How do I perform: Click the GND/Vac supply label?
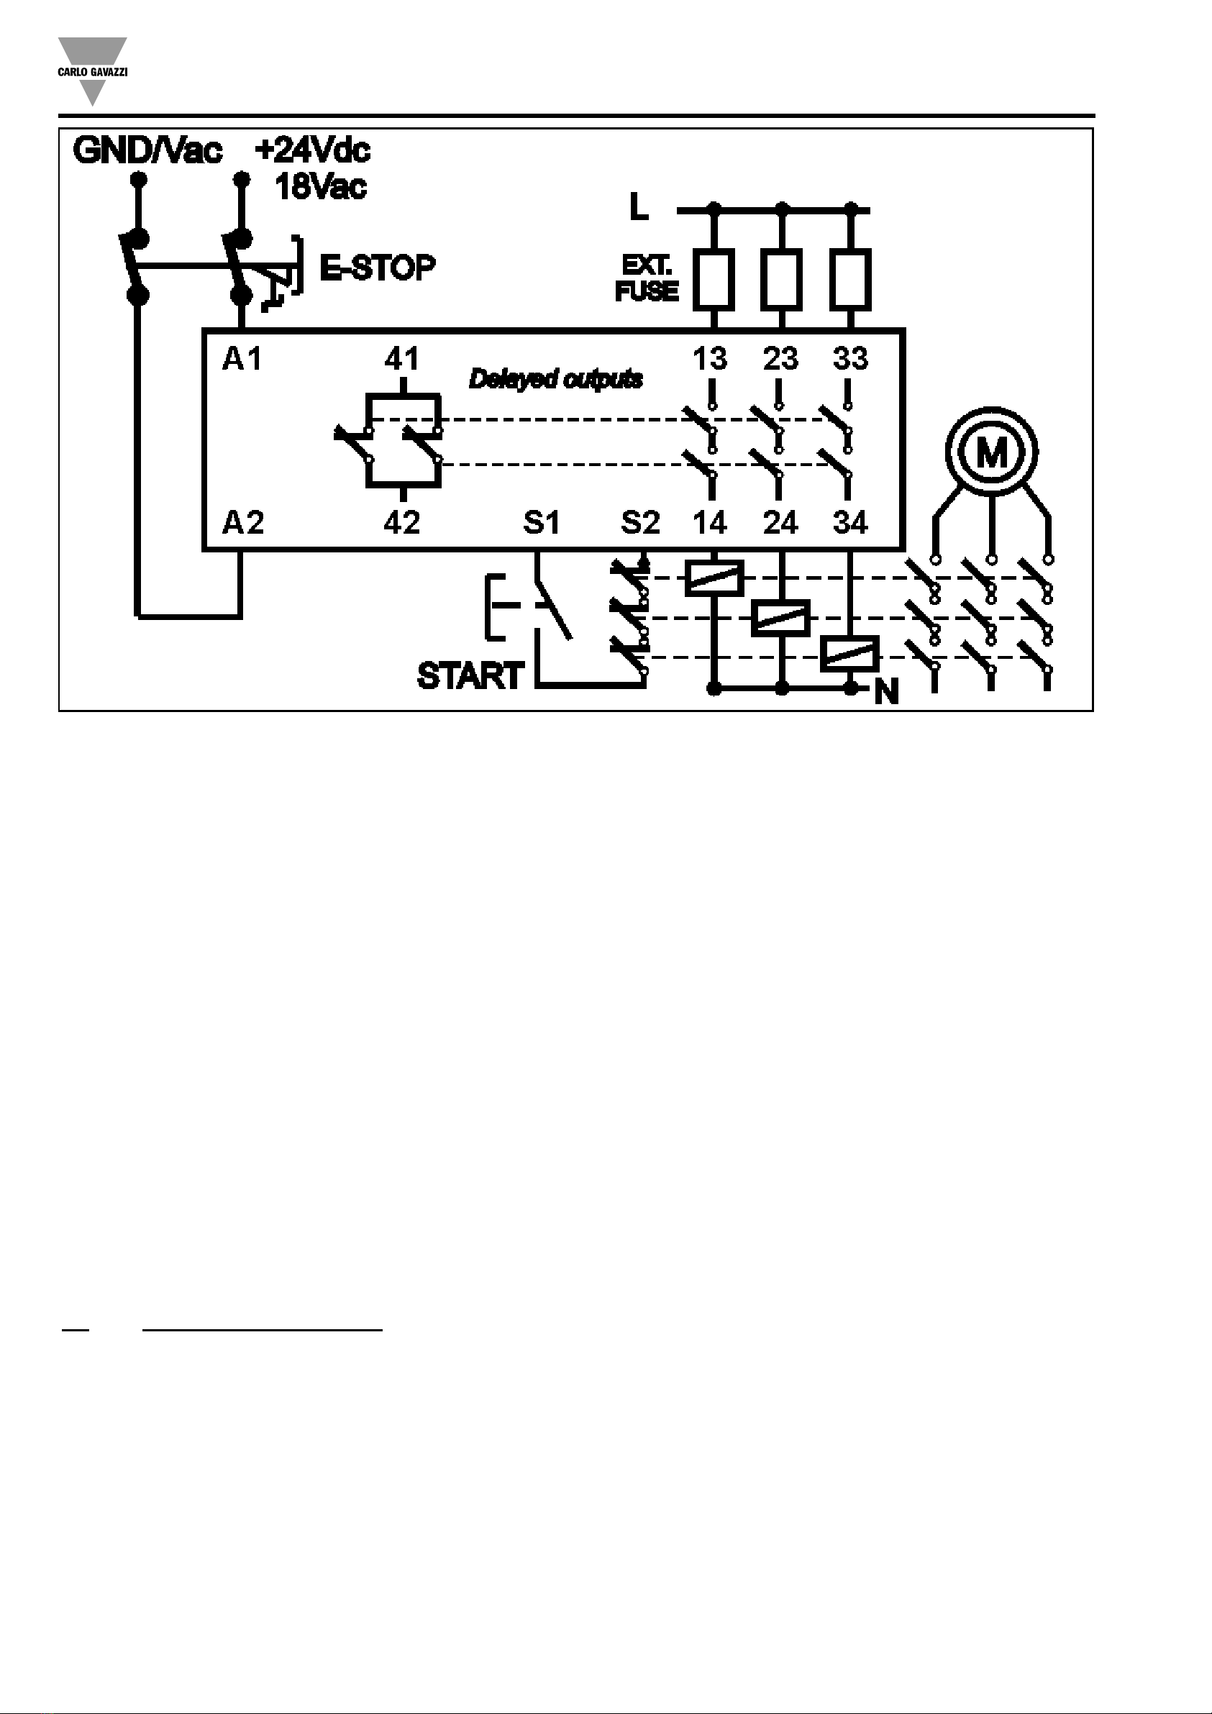click(x=147, y=152)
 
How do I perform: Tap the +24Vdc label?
click(x=312, y=151)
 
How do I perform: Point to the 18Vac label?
click(x=321, y=186)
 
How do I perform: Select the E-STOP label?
click(x=377, y=268)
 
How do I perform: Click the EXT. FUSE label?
click(x=647, y=278)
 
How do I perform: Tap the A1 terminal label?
click(x=242, y=360)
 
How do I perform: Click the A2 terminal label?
click(x=242, y=524)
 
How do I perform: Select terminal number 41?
click(x=402, y=360)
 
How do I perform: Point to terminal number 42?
click(x=402, y=524)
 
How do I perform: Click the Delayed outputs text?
click(x=555, y=380)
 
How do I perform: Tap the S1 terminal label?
click(x=542, y=524)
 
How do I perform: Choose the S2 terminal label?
click(x=641, y=524)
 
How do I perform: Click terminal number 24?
click(x=780, y=524)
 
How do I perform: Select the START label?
click(x=470, y=676)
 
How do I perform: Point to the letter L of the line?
click(x=639, y=206)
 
